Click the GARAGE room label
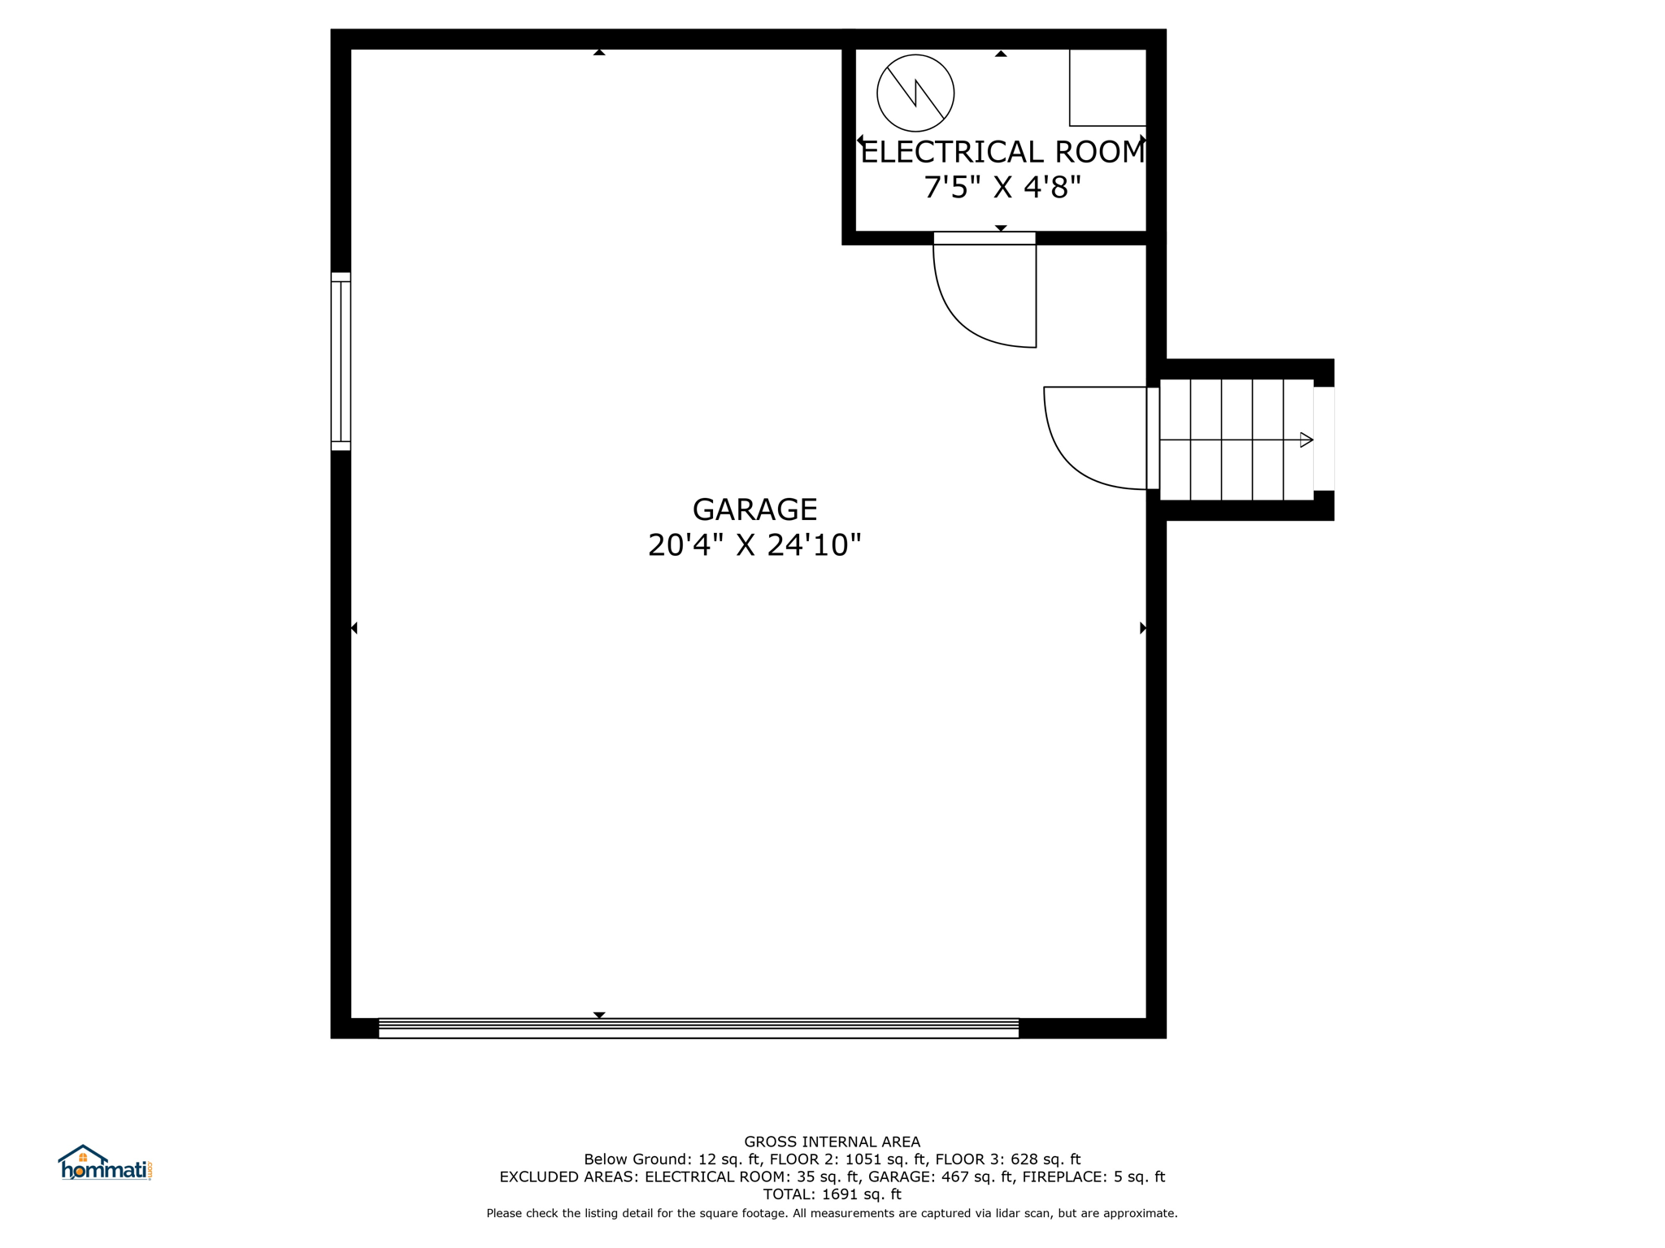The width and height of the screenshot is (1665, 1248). [754, 509]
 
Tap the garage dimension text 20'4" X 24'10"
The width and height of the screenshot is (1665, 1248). [754, 544]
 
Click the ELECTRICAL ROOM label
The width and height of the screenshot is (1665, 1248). [1002, 152]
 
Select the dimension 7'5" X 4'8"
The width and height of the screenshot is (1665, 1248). [1002, 188]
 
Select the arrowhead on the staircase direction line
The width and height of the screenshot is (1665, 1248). [1306, 440]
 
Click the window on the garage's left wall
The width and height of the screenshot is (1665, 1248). [341, 362]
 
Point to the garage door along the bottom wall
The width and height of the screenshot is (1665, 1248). [698, 1028]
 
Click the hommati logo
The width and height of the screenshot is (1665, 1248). [106, 1163]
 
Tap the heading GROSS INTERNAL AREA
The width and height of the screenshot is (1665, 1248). [832, 1142]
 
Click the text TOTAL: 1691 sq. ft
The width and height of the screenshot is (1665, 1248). [832, 1194]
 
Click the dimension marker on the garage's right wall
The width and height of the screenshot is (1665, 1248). [1143, 628]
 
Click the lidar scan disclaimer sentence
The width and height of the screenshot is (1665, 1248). [832, 1213]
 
